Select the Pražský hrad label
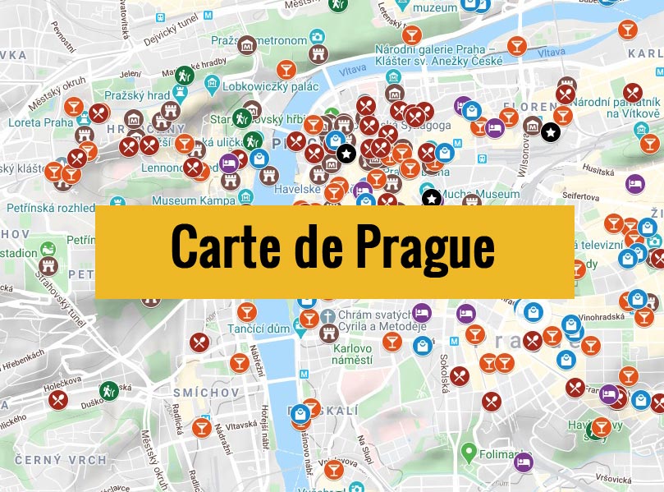point(147,95)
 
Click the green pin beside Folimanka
point(469,452)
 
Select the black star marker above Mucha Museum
point(431,197)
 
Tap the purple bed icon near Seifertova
point(634,183)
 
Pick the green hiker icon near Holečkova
point(108,390)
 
